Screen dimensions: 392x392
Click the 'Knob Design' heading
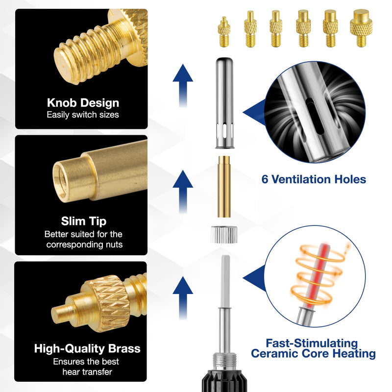point(83,103)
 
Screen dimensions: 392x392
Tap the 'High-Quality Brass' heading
point(87,349)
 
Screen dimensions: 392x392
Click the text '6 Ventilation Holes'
point(314,179)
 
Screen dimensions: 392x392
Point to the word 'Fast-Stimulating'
point(312,343)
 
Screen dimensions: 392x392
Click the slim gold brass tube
point(224,186)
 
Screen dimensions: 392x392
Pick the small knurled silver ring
point(224,234)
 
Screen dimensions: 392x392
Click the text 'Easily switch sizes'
point(83,115)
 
